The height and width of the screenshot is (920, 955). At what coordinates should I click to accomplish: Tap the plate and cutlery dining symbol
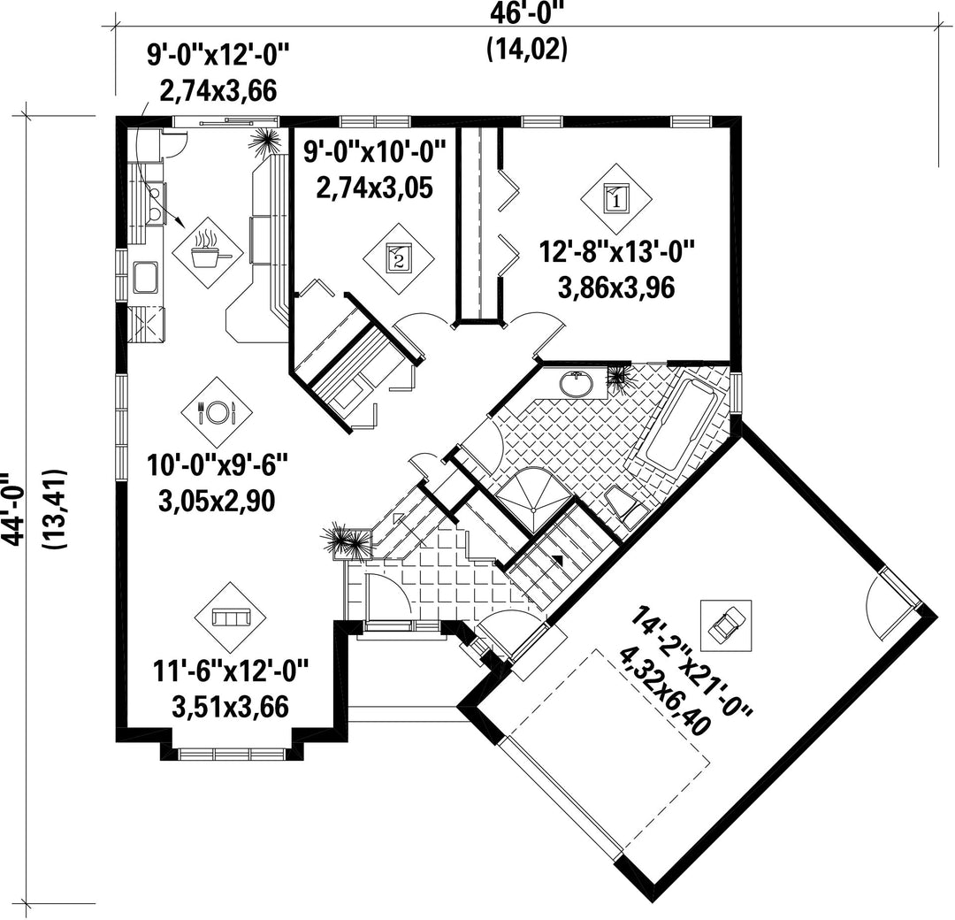217,412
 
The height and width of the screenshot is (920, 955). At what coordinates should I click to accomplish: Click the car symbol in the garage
726,624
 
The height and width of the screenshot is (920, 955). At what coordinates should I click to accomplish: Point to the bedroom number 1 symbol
616,198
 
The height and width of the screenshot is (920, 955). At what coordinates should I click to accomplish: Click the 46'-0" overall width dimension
528,12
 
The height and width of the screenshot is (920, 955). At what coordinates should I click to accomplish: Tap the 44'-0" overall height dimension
13,503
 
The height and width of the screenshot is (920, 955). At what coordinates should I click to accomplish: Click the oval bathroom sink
576,383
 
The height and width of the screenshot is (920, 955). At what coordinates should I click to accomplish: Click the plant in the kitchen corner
266,142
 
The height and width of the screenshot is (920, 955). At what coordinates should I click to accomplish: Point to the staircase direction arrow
558,557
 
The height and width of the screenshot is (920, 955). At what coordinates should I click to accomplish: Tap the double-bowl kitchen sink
156,203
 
